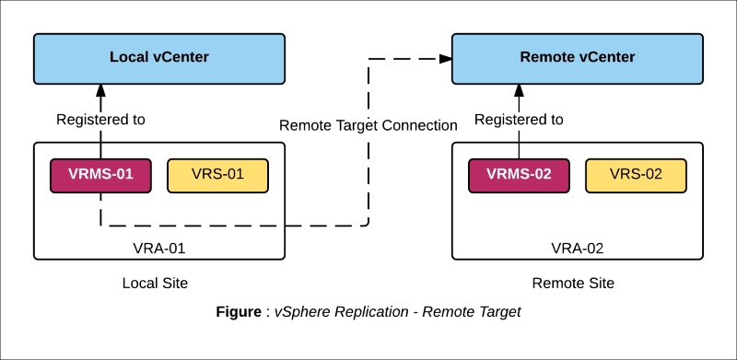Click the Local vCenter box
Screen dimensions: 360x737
click(x=159, y=57)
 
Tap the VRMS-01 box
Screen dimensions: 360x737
click(x=100, y=175)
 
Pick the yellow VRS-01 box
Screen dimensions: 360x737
click(x=217, y=175)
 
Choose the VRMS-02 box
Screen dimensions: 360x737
click(x=519, y=175)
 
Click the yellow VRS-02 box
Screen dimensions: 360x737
click(x=636, y=175)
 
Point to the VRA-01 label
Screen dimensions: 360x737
click(x=159, y=248)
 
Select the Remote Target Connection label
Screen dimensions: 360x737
click(x=368, y=125)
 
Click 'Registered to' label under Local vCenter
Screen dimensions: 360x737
click(x=100, y=120)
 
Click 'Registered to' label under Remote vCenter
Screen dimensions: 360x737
click(x=519, y=120)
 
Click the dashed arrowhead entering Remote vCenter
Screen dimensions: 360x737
click(x=445, y=58)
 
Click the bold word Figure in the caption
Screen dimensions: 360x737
click(x=238, y=312)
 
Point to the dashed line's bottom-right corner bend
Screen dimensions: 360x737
click(x=368, y=224)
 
